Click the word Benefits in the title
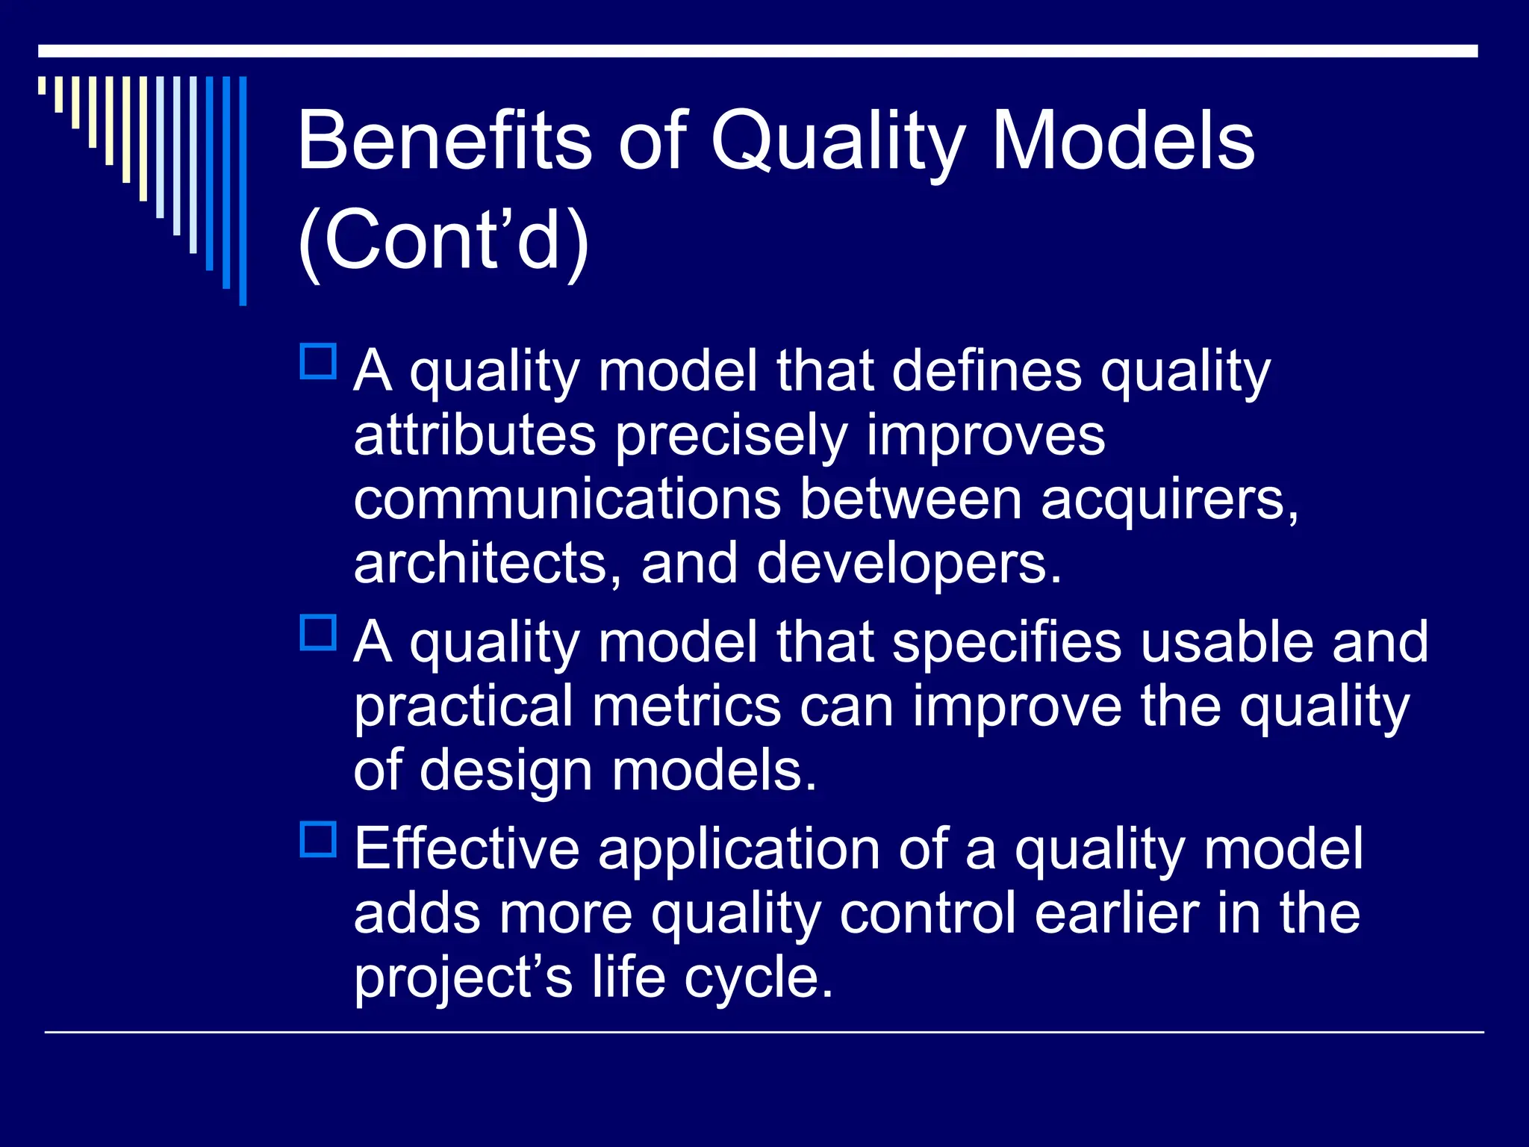click(x=444, y=140)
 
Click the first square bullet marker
click(x=318, y=361)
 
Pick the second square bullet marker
click(x=318, y=632)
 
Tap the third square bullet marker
click(x=318, y=839)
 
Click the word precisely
click(x=732, y=436)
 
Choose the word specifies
click(x=1006, y=642)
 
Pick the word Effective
click(x=467, y=849)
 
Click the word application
click(x=739, y=849)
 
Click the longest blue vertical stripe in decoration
click(x=243, y=190)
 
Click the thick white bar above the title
click(x=758, y=51)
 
